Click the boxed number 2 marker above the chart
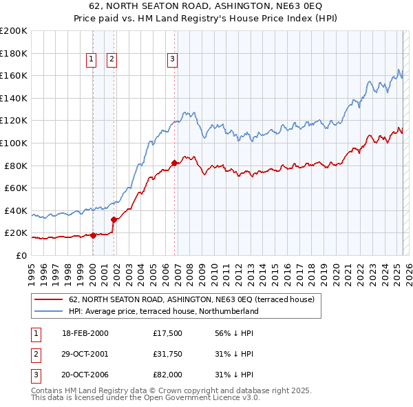[112, 60]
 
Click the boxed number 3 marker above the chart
[172, 60]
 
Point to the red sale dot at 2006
[174, 163]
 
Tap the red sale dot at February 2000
[93, 235]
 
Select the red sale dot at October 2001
[113, 219]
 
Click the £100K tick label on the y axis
[13, 143]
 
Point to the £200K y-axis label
[13, 31]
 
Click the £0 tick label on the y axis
[21, 255]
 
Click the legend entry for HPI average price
[163, 311]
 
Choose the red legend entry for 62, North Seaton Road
[191, 299]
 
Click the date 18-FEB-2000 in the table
[85, 333]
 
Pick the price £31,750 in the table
[167, 354]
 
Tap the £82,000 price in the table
[167, 375]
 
